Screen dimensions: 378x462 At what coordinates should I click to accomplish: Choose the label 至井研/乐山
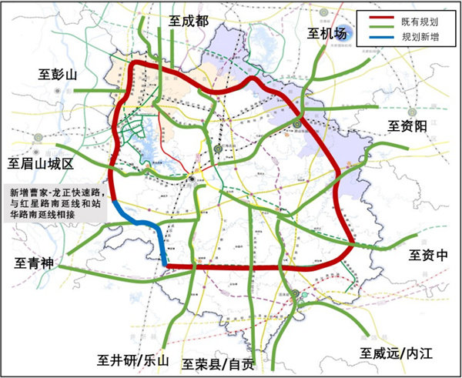pos(132,360)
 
